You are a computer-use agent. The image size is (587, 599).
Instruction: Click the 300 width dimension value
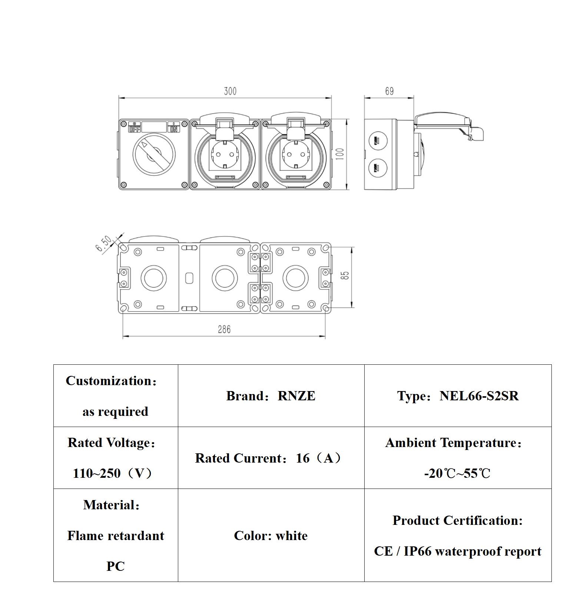tap(230, 91)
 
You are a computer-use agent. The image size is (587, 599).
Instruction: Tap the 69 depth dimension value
tap(389, 91)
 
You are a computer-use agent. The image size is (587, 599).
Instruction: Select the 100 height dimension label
tap(340, 154)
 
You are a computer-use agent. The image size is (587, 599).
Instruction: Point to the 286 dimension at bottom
tap(224, 329)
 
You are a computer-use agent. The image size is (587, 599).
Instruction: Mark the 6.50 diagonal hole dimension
tap(103, 244)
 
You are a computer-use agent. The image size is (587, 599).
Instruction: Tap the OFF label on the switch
tap(135, 129)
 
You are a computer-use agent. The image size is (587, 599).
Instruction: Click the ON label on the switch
tap(173, 129)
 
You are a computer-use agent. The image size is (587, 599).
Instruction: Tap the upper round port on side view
tap(378, 140)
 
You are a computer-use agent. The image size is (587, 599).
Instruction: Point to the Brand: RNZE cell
tap(271, 396)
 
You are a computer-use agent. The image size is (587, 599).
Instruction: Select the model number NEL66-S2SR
tap(479, 396)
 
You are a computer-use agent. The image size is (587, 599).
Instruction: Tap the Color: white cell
tap(271, 536)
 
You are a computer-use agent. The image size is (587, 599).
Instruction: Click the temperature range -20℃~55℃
tap(457, 473)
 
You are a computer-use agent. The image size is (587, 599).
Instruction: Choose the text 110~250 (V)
tap(112, 473)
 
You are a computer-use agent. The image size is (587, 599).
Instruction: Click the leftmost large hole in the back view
tap(153, 278)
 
